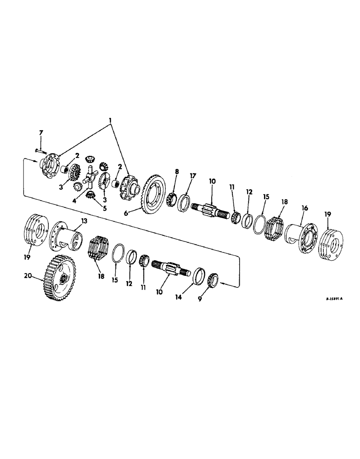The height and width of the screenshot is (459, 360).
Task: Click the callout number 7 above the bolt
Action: coord(41,133)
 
